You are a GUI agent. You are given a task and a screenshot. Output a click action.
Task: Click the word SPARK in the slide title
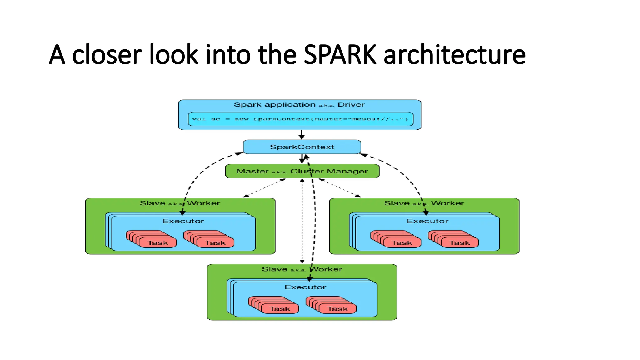[x=340, y=55]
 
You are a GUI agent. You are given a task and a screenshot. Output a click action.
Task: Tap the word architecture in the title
[x=454, y=55]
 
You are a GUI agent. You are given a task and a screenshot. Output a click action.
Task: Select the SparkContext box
[x=302, y=147]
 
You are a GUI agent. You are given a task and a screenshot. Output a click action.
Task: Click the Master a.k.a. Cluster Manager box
[x=302, y=171]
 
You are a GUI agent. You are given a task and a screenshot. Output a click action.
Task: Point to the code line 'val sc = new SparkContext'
[x=300, y=119]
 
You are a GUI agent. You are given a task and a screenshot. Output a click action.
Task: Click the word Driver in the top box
[x=351, y=105]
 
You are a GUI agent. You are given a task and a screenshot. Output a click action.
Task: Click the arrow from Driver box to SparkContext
[x=302, y=135]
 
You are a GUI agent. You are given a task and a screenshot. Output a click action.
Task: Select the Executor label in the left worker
[x=183, y=221]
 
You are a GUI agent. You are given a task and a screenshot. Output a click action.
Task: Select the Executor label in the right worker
[x=427, y=221]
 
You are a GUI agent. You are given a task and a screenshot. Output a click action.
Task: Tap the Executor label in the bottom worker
[x=305, y=287]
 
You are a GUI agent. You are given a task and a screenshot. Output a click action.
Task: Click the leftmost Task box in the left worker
[x=158, y=243]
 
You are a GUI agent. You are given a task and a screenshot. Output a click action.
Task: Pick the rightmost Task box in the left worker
[x=215, y=243]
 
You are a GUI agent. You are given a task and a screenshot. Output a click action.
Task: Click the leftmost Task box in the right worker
[x=402, y=243]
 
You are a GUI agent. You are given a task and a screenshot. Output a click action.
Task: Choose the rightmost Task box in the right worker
[x=459, y=243]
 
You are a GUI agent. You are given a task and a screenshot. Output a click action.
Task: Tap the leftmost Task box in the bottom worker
[x=280, y=309]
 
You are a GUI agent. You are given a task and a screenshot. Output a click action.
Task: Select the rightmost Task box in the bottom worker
[x=337, y=309]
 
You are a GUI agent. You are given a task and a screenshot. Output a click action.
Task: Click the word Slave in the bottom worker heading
[x=274, y=269]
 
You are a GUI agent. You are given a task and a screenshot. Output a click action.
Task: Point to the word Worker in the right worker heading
[x=447, y=203]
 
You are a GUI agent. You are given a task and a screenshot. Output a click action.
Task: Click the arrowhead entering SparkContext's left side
[x=239, y=153]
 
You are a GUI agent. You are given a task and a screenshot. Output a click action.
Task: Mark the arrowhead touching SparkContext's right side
[x=363, y=154]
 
